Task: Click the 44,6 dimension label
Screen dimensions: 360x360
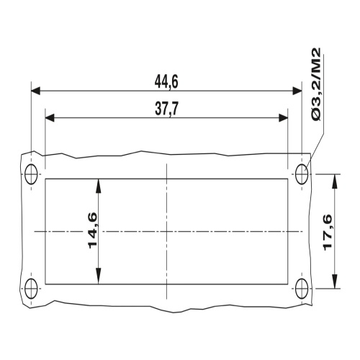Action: pyautogui.click(x=166, y=81)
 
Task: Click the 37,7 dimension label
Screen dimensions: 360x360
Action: pyautogui.click(x=167, y=109)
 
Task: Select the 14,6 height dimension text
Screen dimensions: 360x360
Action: pyautogui.click(x=93, y=230)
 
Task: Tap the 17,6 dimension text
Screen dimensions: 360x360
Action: pyautogui.click(x=327, y=233)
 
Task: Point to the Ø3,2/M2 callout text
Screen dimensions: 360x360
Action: pyautogui.click(x=316, y=84)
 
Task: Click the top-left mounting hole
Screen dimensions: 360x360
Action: pyautogui.click(x=31, y=174)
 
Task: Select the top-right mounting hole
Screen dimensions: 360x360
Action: pyautogui.click(x=302, y=174)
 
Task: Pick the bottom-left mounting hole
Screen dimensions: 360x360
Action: pyautogui.click(x=31, y=288)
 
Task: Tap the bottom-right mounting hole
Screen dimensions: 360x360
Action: pyautogui.click(x=302, y=288)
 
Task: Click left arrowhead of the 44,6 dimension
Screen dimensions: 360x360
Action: pyautogui.click(x=35, y=91)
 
